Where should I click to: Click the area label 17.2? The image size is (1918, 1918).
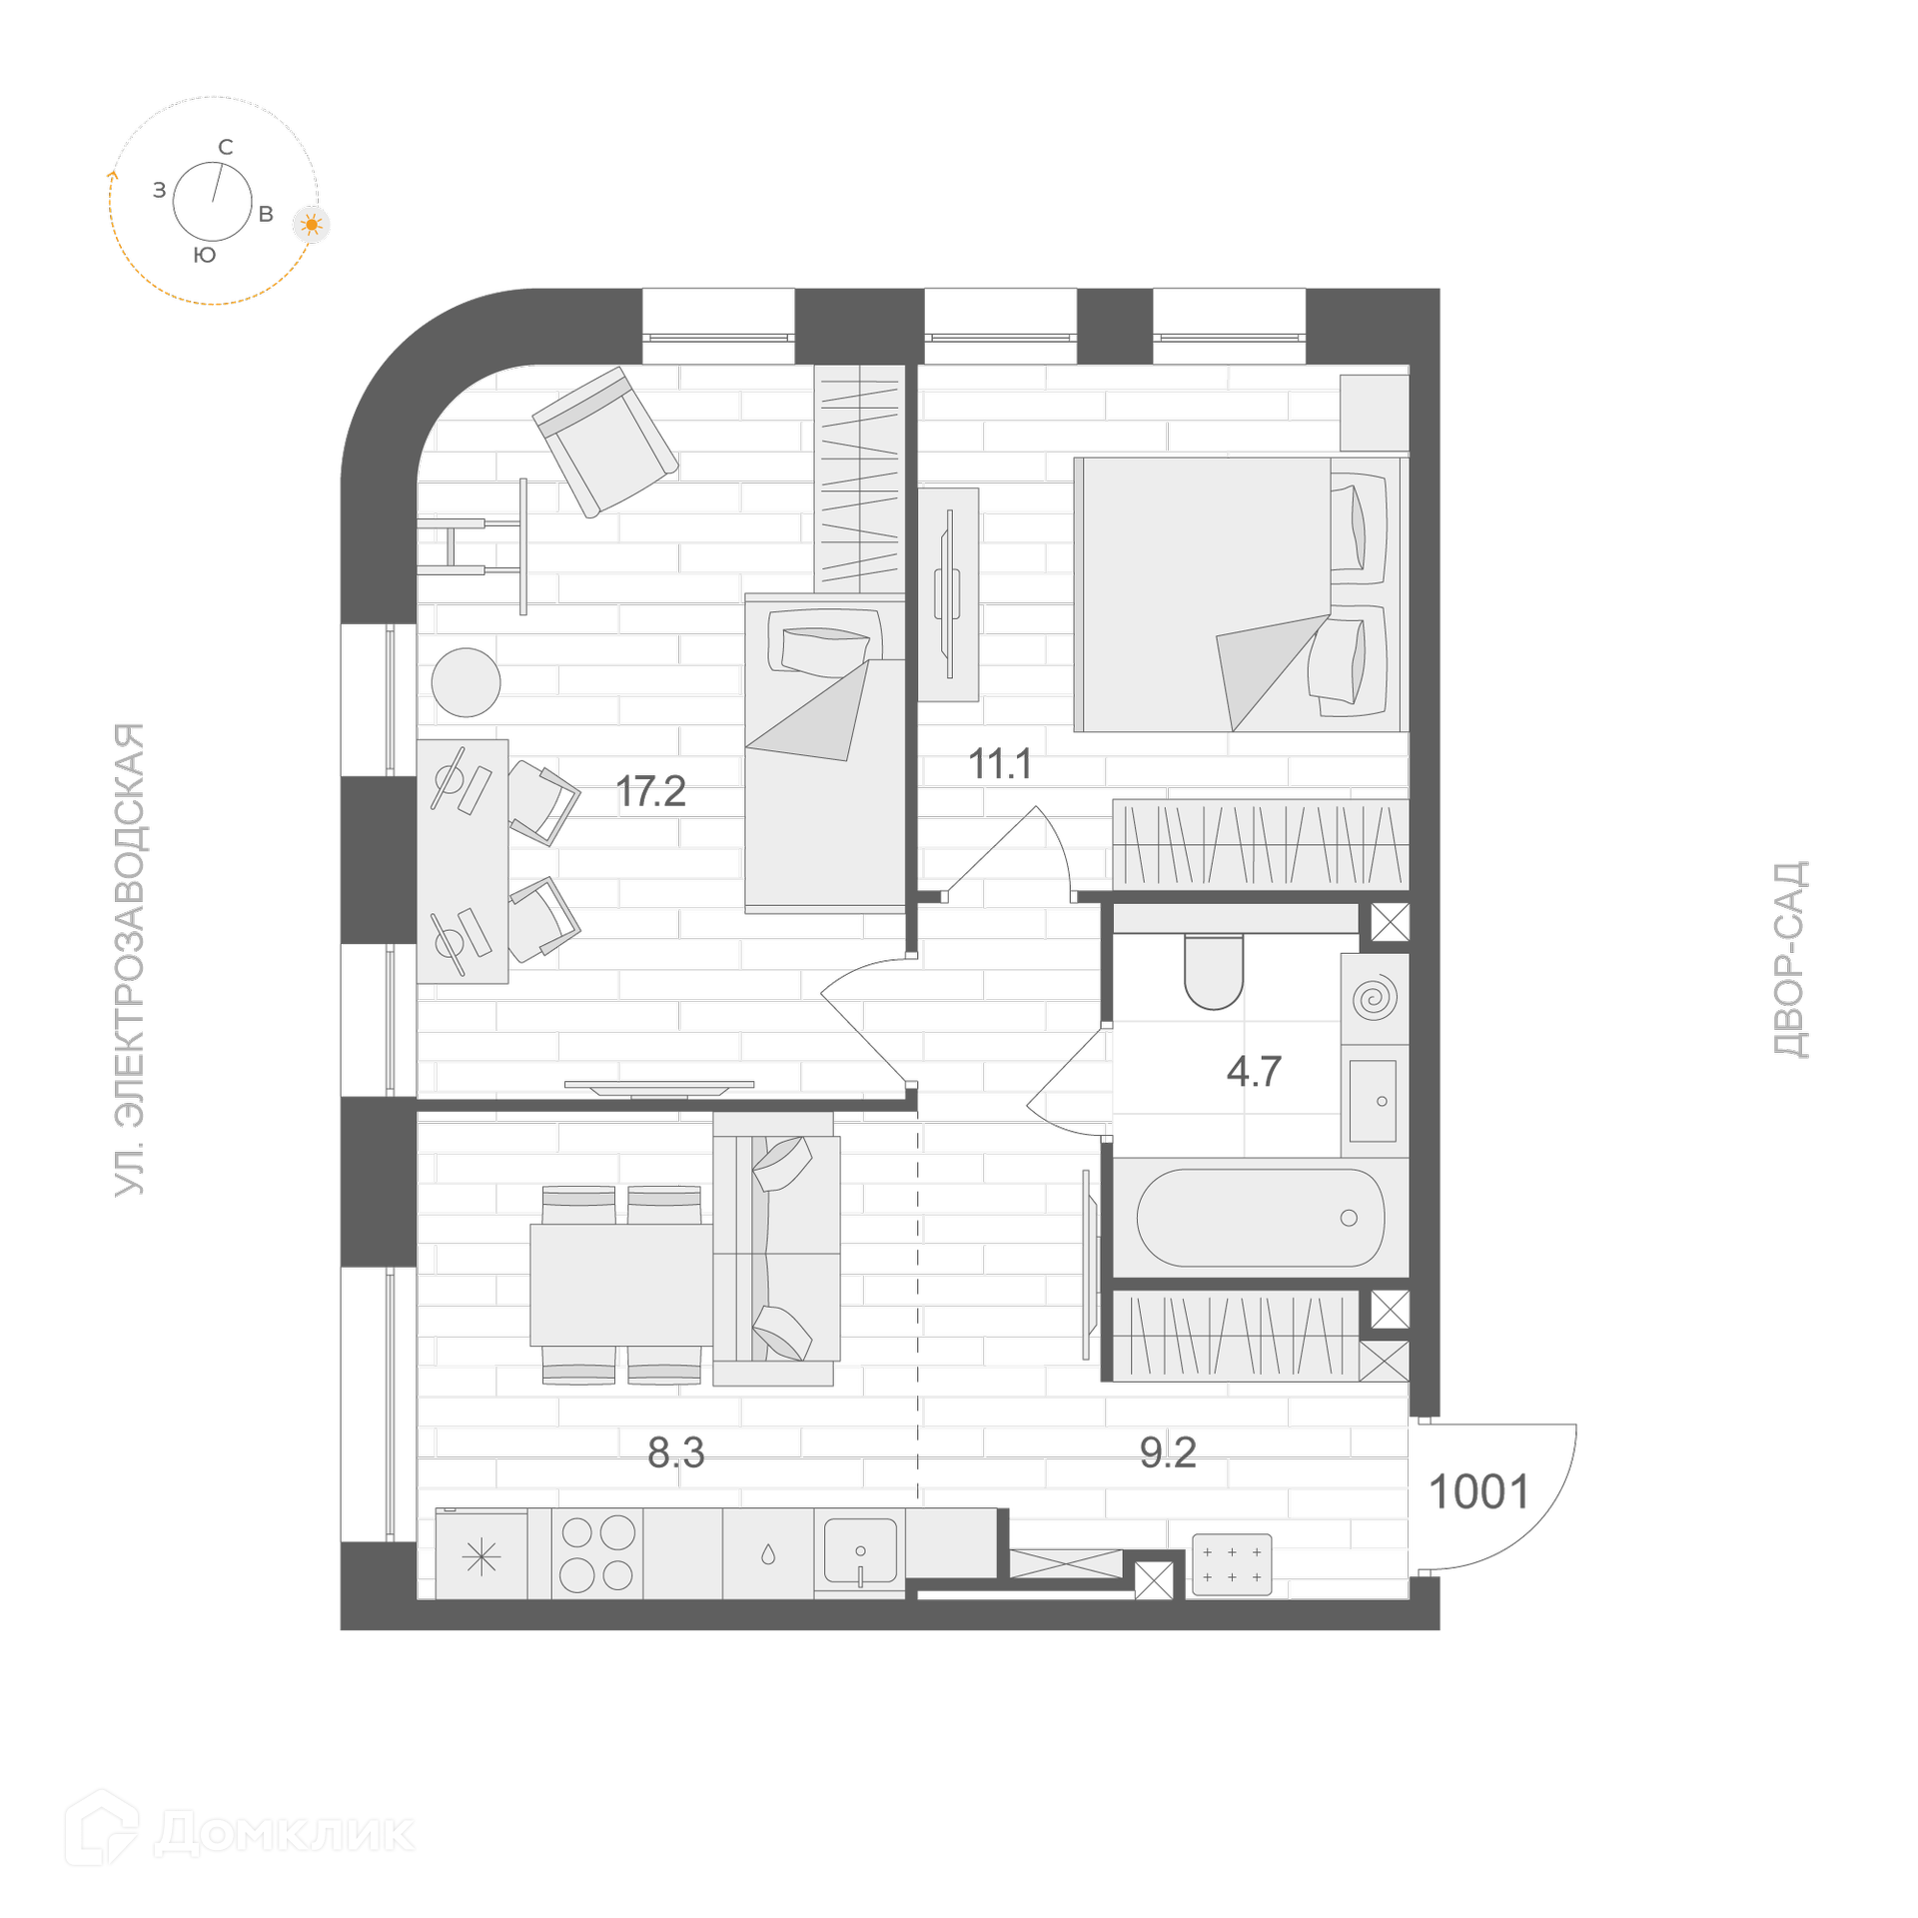coord(650,792)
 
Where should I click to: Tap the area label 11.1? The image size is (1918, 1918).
coord(1000,764)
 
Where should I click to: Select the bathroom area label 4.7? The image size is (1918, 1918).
coord(1254,1072)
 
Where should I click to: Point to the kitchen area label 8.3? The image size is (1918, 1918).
coord(676,1452)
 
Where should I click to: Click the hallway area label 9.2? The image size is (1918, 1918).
coord(1168,1452)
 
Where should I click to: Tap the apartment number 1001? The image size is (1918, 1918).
coord(1479,1492)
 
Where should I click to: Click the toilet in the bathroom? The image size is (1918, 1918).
coord(1214,972)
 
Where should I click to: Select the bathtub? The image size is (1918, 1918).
coord(1261,1218)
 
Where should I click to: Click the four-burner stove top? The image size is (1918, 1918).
coord(597,1553)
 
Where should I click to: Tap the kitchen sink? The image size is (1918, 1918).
coord(860,1551)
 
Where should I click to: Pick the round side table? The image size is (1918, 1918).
coord(466,682)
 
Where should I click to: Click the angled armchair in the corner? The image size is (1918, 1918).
coord(605,442)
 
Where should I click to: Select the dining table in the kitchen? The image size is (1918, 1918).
coord(621,1285)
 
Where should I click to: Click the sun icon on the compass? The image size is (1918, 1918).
coord(312,225)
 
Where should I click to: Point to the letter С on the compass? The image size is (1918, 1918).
coord(226,147)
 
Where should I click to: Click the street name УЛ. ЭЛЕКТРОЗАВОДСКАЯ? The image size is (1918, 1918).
coord(130,959)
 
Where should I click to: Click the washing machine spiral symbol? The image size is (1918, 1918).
coord(1375,998)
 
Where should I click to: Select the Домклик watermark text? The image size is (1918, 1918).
coord(284,1833)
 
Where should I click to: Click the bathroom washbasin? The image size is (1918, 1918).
coord(1373,1101)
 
